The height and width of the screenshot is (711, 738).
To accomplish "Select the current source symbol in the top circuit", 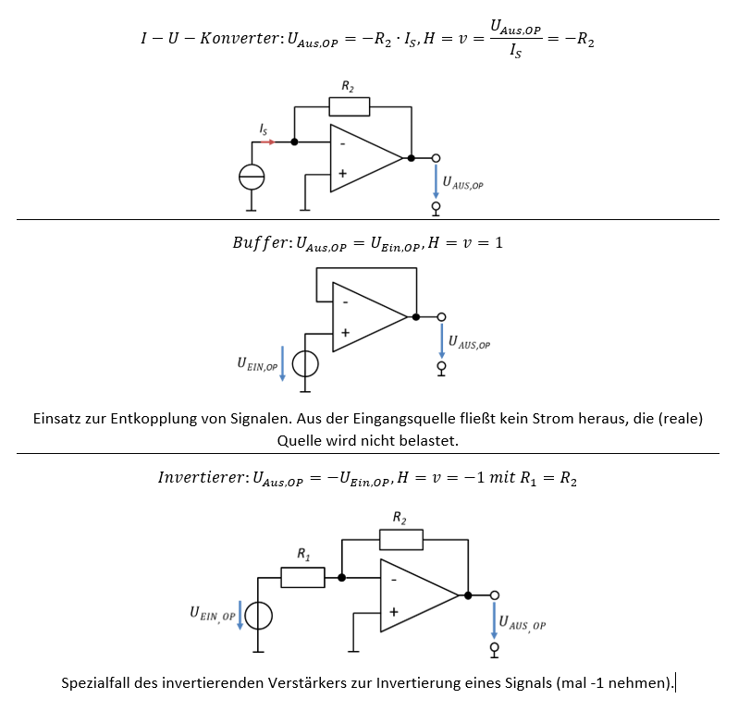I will tap(252, 175).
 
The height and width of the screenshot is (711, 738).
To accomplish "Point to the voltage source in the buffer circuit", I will tap(305, 364).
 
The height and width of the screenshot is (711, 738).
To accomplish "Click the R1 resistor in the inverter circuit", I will tap(302, 578).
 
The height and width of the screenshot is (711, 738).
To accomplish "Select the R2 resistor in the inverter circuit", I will tap(400, 540).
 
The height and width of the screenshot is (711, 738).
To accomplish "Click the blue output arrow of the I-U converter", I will tap(436, 180).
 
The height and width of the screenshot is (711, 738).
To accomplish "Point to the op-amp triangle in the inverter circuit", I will tap(417, 595).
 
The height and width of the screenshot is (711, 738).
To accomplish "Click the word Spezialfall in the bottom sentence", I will tap(98, 684).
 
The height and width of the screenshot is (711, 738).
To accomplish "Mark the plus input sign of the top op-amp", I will tap(342, 173).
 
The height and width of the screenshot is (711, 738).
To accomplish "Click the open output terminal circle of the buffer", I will tap(441, 317).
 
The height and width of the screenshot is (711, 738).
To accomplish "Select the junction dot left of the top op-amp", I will tap(294, 142).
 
